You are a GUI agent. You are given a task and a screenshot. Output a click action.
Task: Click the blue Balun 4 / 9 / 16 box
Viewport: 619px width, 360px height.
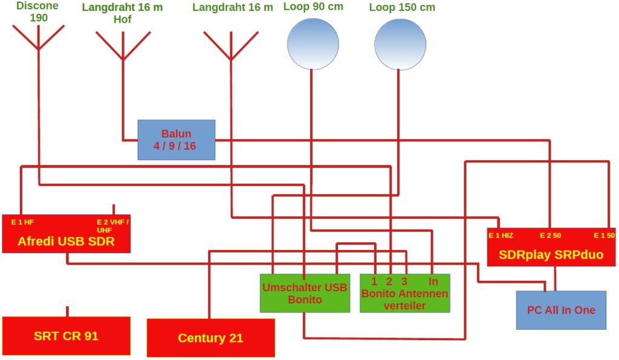[x=177, y=140]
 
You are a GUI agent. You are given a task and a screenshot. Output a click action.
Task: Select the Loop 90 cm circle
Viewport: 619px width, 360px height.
[x=313, y=43]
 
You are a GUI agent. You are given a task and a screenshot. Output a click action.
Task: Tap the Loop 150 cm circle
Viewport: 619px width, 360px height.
[x=400, y=43]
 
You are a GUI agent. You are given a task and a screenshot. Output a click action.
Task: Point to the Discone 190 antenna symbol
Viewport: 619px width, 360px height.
[x=38, y=37]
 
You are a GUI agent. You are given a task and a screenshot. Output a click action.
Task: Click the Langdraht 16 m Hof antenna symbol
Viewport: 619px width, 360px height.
[x=123, y=45]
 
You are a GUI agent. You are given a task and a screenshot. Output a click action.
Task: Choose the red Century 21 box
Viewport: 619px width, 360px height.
[x=210, y=338]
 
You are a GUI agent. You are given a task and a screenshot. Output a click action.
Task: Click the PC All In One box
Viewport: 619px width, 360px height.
[x=560, y=310]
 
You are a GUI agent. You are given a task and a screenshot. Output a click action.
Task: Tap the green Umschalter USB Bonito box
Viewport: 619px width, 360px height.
[x=305, y=294]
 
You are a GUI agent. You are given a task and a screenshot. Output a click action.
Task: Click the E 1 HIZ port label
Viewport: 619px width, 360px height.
[x=501, y=235]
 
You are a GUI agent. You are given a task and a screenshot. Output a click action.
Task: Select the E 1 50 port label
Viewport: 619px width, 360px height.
[x=603, y=235]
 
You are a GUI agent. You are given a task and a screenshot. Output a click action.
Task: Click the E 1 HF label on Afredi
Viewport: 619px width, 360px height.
[x=22, y=222]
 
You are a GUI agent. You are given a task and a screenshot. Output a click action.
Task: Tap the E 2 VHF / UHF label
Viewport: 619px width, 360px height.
[x=112, y=225]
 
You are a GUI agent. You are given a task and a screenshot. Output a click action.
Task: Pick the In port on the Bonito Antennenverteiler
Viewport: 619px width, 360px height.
[x=433, y=281]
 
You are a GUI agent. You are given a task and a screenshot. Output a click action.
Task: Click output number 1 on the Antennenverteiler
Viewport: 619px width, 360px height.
[x=374, y=281]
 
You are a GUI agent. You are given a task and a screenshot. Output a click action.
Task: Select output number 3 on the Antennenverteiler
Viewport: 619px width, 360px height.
[x=404, y=281]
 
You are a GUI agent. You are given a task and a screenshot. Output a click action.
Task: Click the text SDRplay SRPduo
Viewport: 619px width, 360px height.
[x=551, y=254]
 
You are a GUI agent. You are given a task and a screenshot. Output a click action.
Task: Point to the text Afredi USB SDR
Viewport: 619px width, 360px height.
[x=66, y=242]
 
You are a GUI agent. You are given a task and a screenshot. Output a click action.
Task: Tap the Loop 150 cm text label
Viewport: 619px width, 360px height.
[x=401, y=8]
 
